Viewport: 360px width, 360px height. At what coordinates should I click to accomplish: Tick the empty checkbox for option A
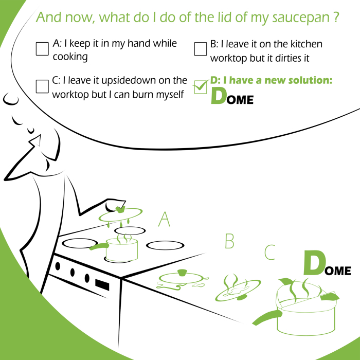tap(42, 49)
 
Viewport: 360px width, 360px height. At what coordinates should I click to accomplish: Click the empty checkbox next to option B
tap(201, 49)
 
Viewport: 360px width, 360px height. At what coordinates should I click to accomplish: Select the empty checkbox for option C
tap(42, 86)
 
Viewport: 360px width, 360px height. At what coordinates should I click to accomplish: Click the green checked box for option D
tap(200, 87)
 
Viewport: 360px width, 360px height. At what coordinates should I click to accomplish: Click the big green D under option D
tap(218, 96)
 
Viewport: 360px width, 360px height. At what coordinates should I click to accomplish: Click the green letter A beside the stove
tap(164, 219)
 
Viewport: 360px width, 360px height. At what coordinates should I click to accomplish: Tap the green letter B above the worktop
tap(229, 241)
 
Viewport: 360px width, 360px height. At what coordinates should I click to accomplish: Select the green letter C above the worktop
tap(269, 253)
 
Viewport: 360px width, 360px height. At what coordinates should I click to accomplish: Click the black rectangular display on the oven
tap(102, 285)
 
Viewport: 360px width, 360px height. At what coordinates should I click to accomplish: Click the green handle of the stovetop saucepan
tap(99, 246)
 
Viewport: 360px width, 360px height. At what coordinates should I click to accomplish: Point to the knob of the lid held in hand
tap(120, 209)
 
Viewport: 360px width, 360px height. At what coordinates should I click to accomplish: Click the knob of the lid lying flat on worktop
tap(183, 273)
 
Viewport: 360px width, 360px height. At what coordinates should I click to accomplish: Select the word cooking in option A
tap(70, 57)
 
